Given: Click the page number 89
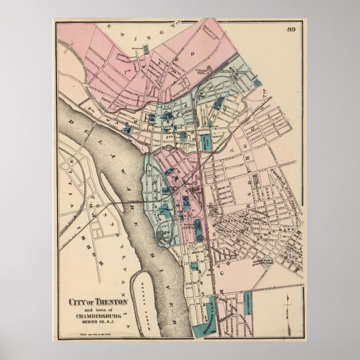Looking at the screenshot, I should [x=291, y=29].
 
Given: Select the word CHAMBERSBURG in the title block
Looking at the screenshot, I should [x=99, y=315].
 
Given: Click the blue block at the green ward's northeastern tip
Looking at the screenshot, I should [x=258, y=82].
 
